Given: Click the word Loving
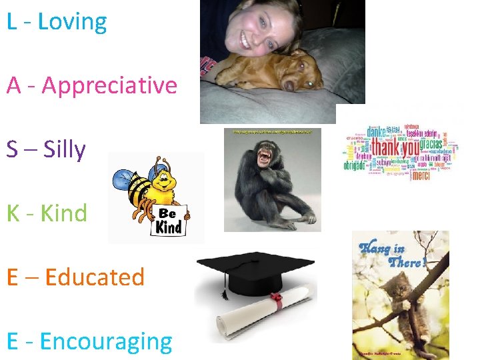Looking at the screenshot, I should [72, 21].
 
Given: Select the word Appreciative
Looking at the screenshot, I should [109, 85].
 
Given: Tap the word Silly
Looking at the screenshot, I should [65, 149].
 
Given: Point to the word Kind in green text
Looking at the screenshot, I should [64, 213].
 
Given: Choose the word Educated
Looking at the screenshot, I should [95, 277].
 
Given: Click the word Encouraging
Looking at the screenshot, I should [106, 341].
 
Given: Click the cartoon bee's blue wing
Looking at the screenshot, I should [125, 179].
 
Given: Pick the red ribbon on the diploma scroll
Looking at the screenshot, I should [275, 302].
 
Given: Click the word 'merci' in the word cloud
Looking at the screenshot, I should [421, 176].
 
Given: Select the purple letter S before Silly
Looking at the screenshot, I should [13, 149].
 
